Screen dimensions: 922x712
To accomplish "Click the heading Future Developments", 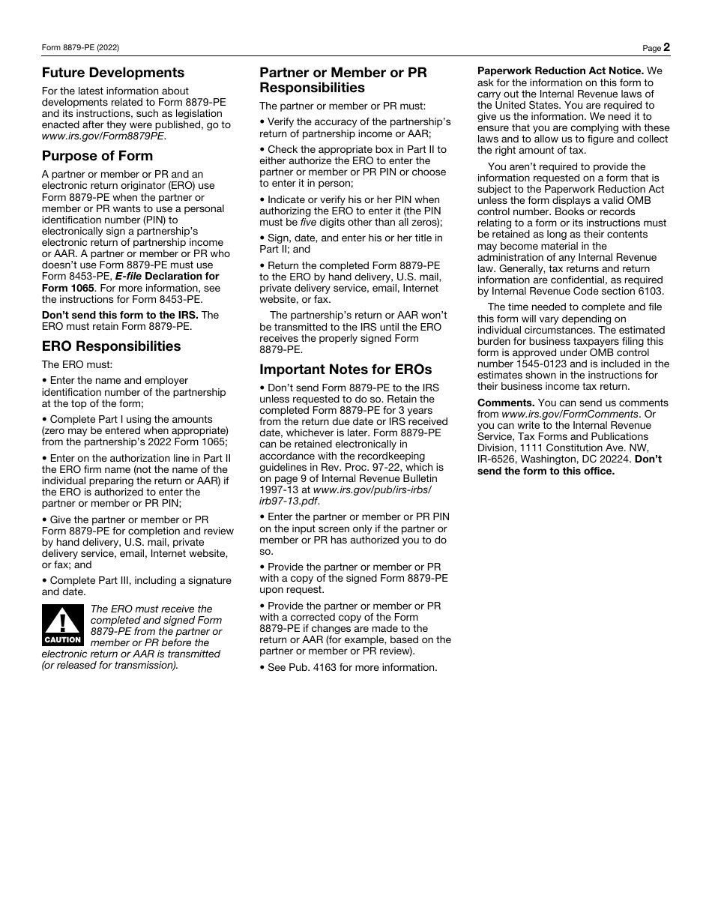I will (x=113, y=73).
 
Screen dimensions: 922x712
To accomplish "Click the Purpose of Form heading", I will (x=97, y=156).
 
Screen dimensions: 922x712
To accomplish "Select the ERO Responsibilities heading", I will (x=111, y=346).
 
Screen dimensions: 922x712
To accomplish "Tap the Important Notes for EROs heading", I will (x=346, y=370).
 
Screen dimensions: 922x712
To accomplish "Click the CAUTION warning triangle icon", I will (x=63, y=625).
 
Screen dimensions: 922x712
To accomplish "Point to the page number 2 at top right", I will (x=666, y=47).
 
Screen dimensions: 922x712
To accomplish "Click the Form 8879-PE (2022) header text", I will (x=80, y=48).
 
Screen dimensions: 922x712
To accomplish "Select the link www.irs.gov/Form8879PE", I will (x=103, y=136).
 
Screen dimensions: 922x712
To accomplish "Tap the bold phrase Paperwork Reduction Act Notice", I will (x=560, y=71).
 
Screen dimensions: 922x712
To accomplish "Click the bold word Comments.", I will (x=506, y=403).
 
